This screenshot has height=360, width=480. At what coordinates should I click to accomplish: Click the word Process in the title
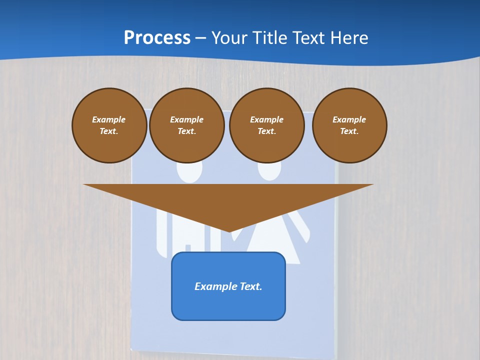pyautogui.click(x=157, y=38)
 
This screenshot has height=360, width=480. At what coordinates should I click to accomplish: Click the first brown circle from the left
pyautogui.click(x=109, y=125)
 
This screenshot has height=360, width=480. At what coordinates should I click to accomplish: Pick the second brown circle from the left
pyautogui.click(x=187, y=125)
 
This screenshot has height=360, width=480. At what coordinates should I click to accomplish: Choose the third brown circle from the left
pyautogui.click(x=267, y=125)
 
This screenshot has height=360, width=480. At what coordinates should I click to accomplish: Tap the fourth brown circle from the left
pyautogui.click(x=349, y=125)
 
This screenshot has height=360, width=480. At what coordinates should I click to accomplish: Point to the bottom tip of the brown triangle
pyautogui.click(x=229, y=231)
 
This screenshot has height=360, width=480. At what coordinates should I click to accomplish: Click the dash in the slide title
pyautogui.click(x=201, y=38)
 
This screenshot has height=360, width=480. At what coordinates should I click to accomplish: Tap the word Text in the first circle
pyautogui.click(x=109, y=131)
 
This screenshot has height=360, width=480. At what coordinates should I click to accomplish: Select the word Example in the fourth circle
pyautogui.click(x=349, y=119)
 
